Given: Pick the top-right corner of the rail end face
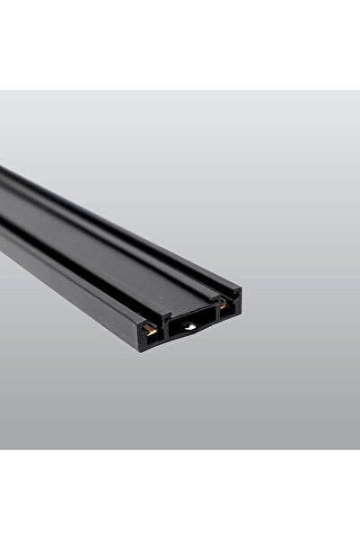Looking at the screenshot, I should tap(241, 289).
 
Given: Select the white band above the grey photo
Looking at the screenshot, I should tap(180, 45).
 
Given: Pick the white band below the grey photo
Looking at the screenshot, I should tap(180, 494).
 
